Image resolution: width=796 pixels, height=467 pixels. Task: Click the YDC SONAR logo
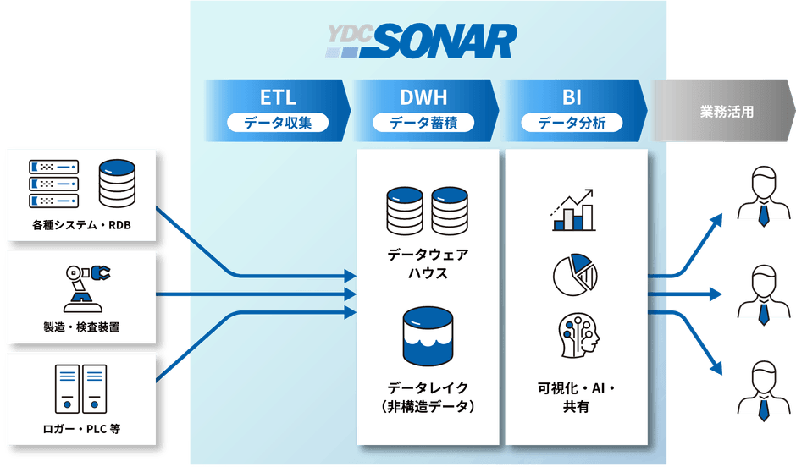click(x=421, y=41)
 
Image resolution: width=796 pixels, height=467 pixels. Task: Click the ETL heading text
click(x=278, y=97)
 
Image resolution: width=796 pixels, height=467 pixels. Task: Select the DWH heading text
click(x=423, y=97)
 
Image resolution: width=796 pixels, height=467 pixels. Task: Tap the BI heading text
click(x=572, y=97)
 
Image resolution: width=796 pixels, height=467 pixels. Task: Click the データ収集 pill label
click(x=278, y=123)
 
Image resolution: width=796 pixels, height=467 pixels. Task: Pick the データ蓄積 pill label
click(x=423, y=123)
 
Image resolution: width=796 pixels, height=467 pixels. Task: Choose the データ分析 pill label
click(x=572, y=123)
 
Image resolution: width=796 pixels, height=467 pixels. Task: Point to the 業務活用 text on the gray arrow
click(x=727, y=112)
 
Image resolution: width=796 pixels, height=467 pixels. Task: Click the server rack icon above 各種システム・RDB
click(x=54, y=184)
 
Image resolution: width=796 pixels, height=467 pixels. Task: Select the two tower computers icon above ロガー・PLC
click(x=80, y=389)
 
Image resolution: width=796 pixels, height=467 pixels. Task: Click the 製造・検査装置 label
click(x=81, y=327)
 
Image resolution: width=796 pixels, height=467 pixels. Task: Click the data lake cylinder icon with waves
click(x=428, y=337)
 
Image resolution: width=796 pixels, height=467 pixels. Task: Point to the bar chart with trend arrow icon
click(x=573, y=210)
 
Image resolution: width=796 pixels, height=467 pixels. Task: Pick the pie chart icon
click(x=575, y=275)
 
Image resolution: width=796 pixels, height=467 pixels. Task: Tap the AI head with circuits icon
click(x=578, y=335)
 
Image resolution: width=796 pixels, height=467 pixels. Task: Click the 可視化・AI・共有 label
click(x=576, y=398)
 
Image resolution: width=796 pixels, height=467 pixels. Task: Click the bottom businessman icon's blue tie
click(x=764, y=410)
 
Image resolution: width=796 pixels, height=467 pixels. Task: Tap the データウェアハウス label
click(x=428, y=264)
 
